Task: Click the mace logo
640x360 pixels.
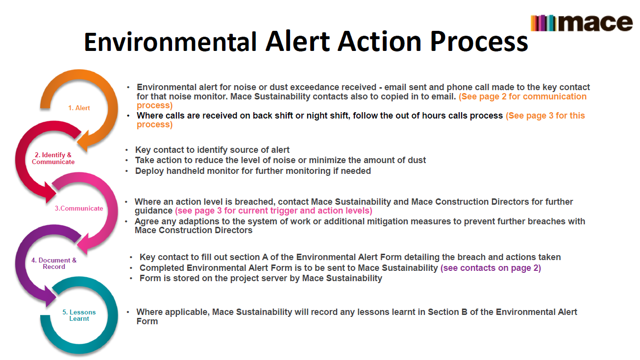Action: coord(582,23)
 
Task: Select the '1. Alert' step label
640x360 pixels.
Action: coord(79,108)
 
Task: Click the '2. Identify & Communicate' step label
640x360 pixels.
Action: coord(53,158)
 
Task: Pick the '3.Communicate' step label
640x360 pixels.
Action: coord(78,208)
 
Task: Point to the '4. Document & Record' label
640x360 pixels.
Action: coord(54,264)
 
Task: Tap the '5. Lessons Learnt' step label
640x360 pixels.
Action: coord(79,315)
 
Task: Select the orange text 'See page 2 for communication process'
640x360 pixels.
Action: coord(522,96)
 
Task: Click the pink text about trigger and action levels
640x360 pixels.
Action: coord(273,211)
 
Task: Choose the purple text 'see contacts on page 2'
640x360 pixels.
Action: coord(491,268)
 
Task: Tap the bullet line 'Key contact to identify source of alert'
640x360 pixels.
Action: coord(212,150)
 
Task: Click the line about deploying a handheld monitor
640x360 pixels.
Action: coord(253,171)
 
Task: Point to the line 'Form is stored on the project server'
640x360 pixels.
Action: coord(260,278)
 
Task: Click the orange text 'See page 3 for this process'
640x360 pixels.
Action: coord(545,116)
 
